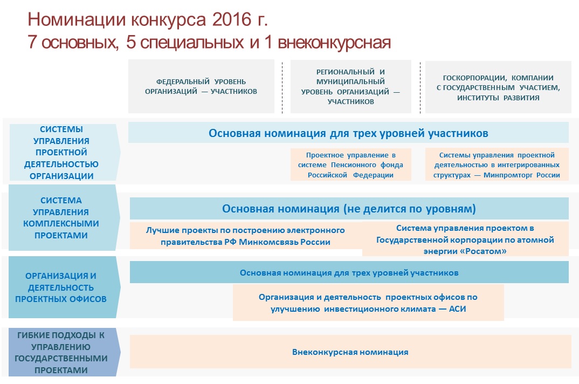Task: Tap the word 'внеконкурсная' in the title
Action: click(x=334, y=42)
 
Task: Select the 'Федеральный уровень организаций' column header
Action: click(x=201, y=86)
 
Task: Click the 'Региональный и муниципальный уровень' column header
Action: click(x=351, y=86)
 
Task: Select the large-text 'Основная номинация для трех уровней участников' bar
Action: click(x=348, y=133)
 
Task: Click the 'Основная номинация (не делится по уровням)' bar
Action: click(x=349, y=209)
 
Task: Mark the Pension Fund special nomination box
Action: click(x=351, y=165)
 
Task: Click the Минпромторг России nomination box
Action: click(x=497, y=165)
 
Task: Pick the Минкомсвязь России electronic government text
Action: click(x=245, y=236)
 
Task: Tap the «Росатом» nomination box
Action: click(x=465, y=239)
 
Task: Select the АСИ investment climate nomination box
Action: click(x=368, y=303)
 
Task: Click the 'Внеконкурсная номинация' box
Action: click(x=350, y=352)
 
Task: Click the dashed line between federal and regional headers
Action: click(x=282, y=87)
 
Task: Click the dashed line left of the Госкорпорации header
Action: click(x=420, y=87)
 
